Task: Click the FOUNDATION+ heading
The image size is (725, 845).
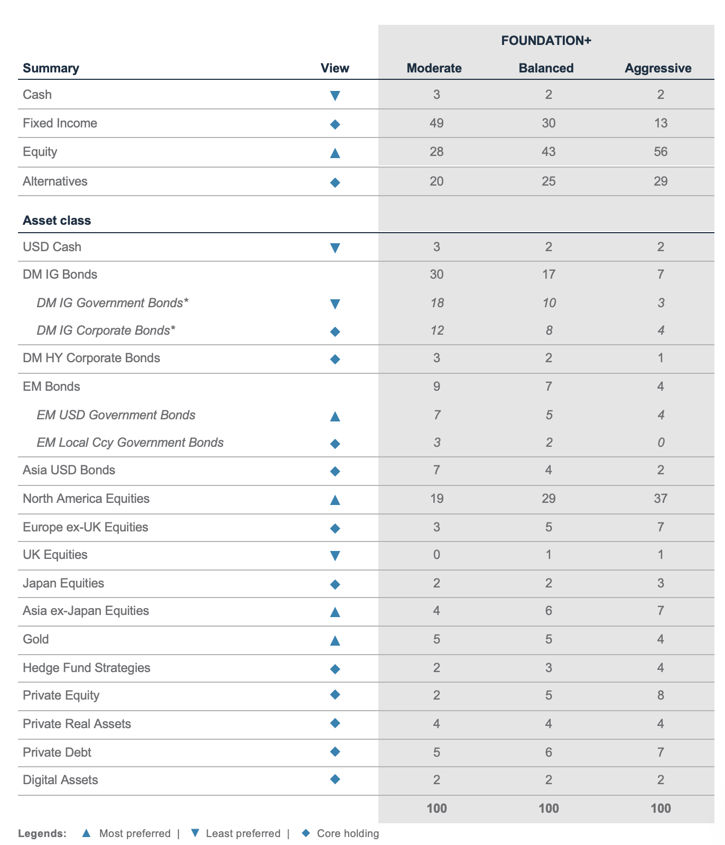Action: click(x=546, y=41)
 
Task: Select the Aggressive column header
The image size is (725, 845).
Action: click(x=658, y=68)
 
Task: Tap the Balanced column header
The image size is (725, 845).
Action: click(x=546, y=68)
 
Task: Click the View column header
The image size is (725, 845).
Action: click(x=335, y=68)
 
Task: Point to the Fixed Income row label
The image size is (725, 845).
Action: click(x=60, y=123)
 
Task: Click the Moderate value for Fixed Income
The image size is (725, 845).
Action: click(x=436, y=123)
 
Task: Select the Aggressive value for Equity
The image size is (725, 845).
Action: click(x=661, y=152)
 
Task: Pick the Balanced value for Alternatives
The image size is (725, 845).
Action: click(x=549, y=181)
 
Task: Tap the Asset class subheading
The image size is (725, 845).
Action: click(x=57, y=221)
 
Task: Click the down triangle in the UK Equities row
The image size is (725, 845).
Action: click(x=335, y=555)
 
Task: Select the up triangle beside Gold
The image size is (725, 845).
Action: click(x=335, y=640)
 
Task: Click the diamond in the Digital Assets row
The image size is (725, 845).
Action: click(x=335, y=779)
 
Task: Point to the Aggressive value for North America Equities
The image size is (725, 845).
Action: click(x=661, y=499)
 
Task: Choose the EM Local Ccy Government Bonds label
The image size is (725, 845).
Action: click(x=130, y=443)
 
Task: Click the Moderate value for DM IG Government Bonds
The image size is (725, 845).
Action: click(x=436, y=303)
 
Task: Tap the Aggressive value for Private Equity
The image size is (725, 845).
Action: click(x=661, y=695)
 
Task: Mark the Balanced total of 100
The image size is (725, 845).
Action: click(x=549, y=809)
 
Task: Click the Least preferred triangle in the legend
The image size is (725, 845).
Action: click(x=195, y=833)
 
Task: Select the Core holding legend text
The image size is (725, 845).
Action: click(x=348, y=834)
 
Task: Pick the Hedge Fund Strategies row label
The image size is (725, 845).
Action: click(x=87, y=668)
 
